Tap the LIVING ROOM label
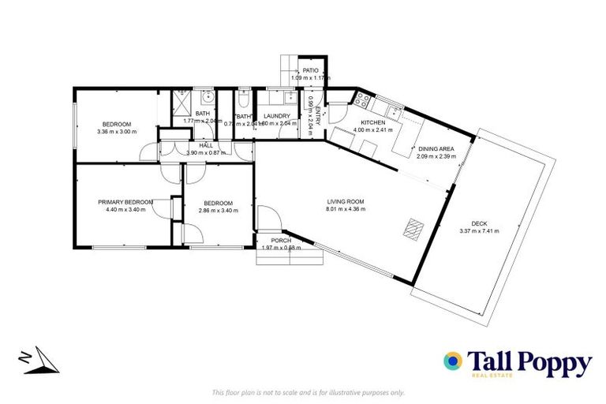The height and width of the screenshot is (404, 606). click(346, 202)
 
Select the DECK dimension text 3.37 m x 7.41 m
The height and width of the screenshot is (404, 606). click(480, 231)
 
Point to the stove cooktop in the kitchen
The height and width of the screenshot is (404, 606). click(364, 100)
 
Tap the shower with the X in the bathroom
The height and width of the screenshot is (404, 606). click(181, 101)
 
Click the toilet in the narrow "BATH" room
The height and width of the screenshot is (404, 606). click(243, 101)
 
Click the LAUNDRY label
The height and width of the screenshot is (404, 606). click(278, 116)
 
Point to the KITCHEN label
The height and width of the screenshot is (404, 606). click(372, 123)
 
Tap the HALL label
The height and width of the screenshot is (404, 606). click(206, 145)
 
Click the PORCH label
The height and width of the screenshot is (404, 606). click(281, 240)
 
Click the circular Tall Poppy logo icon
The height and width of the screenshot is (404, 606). click(454, 361)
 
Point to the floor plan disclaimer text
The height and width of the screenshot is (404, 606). click(308, 392)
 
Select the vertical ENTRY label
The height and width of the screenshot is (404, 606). click(317, 116)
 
